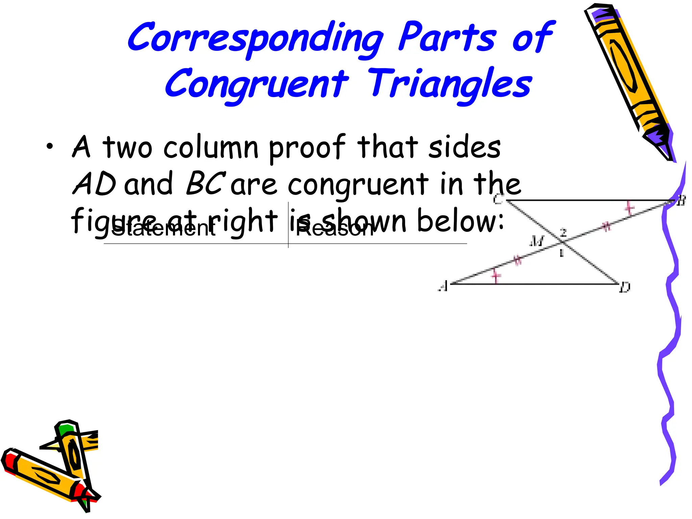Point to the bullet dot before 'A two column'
(50, 147)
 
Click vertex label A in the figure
(443, 287)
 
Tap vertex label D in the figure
(625, 288)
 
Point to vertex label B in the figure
(681, 201)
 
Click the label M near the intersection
(536, 241)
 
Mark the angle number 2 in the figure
(563, 232)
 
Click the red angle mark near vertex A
(496, 276)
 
